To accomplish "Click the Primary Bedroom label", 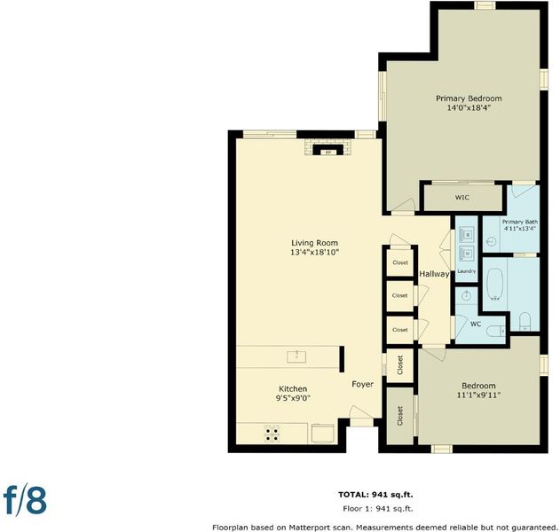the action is click(x=469, y=98).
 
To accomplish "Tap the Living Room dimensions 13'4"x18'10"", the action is click(x=314, y=253).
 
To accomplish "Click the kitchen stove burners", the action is click(x=272, y=434).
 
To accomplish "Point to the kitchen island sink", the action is click(x=296, y=356).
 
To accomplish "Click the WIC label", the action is click(x=462, y=198).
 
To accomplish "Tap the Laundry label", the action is click(x=467, y=271).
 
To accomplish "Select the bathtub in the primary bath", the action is click(x=495, y=284).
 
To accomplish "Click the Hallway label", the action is click(x=434, y=274).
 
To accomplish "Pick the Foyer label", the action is click(x=362, y=384).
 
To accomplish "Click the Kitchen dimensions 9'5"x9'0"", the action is click(x=293, y=398).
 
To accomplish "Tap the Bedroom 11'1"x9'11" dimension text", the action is click(x=478, y=395).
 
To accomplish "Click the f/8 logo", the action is click(x=25, y=499).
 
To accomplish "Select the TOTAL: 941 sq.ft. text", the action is click(x=375, y=495).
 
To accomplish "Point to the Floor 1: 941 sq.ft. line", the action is click(x=378, y=508).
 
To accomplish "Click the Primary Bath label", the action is click(x=520, y=222).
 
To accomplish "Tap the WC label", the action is click(x=476, y=324).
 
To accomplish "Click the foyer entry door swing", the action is click(x=360, y=412).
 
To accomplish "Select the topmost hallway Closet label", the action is click(x=400, y=262).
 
